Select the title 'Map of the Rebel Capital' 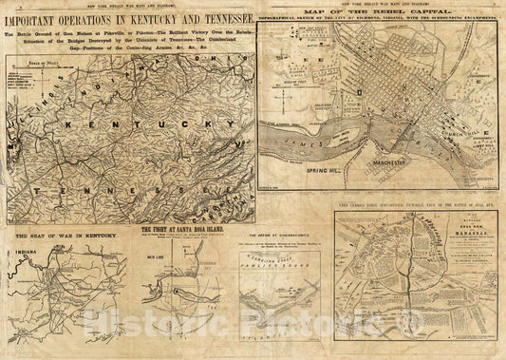pyautogui.click(x=380, y=11)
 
